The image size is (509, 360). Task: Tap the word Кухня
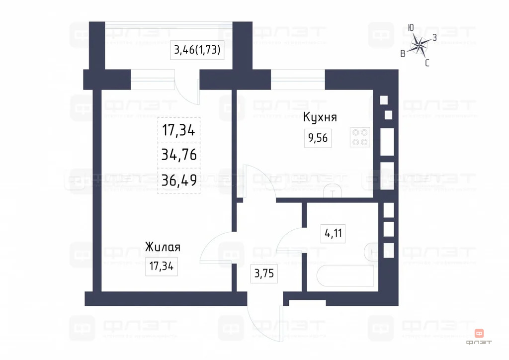coord(320,117)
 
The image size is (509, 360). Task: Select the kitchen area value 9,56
coord(318,138)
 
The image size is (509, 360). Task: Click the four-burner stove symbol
coord(360,137)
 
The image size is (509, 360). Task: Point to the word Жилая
coord(162,247)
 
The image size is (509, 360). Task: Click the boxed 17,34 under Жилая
coord(161,266)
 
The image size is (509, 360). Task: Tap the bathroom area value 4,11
coord(333,233)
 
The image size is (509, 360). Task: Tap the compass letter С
coord(427,63)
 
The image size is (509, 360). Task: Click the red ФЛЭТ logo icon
coord(480,333)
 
